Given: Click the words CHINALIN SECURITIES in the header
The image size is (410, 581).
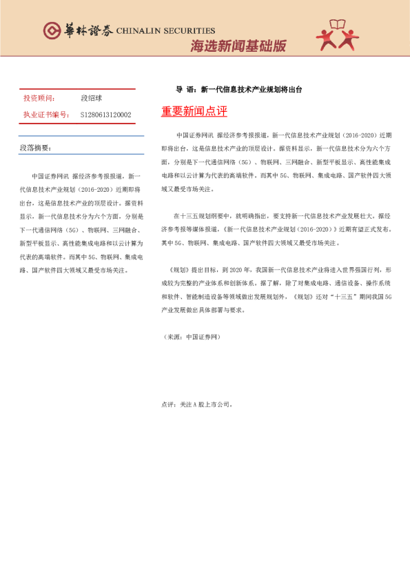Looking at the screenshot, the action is tap(166, 31).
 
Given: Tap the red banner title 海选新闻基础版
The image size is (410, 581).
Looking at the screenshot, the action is tap(238, 46).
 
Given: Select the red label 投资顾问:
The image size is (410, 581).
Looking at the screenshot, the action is tap(39, 98).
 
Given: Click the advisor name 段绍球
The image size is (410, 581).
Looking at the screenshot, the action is tap(92, 98).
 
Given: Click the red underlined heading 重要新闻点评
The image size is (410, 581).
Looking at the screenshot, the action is tap(194, 112).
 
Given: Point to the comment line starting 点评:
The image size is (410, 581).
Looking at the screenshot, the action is tap(197, 404).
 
